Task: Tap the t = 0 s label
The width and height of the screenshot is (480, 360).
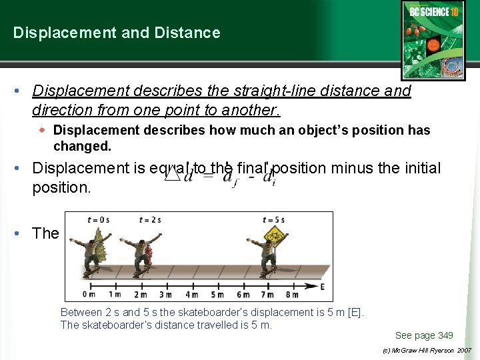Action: click(98, 219)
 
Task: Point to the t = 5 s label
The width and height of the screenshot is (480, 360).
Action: click(274, 219)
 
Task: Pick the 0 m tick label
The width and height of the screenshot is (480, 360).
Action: click(88, 295)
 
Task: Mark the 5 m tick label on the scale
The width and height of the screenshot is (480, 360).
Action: click(217, 295)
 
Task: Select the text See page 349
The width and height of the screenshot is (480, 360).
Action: click(423, 335)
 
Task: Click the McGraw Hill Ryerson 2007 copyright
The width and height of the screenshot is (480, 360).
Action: click(426, 350)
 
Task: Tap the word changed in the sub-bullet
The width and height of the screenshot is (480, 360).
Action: click(82, 146)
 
